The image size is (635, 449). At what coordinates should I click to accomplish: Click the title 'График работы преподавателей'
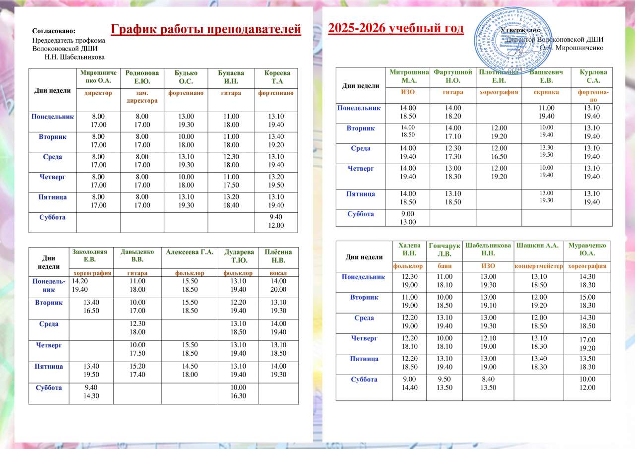(x=206, y=30)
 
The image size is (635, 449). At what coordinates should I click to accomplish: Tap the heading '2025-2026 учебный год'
(x=396, y=28)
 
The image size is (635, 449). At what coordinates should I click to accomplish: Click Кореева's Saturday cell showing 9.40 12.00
(x=276, y=221)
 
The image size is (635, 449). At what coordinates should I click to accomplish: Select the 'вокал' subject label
(x=277, y=273)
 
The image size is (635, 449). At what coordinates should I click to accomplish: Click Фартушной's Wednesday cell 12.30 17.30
(x=452, y=152)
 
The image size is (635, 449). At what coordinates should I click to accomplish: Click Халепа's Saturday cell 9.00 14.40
(x=405, y=384)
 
